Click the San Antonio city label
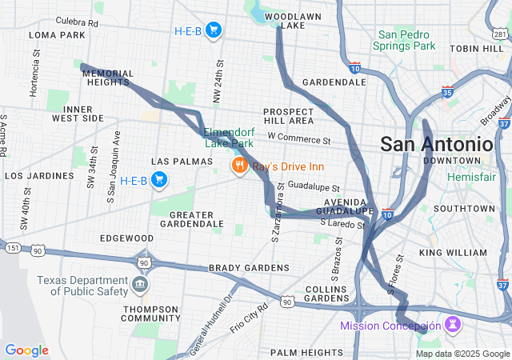pyautogui.click(x=436, y=144)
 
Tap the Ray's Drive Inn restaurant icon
pyautogui.click(x=238, y=166)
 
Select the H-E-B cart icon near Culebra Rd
pyautogui.click(x=213, y=31)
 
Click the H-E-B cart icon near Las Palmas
pyautogui.click(x=159, y=180)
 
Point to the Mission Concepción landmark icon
pyautogui.click(x=454, y=325)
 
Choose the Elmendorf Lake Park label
pyautogui.click(x=229, y=138)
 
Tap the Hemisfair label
pyautogui.click(x=471, y=176)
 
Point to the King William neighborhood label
pyautogui.click(x=452, y=253)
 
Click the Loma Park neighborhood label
pyautogui.click(x=57, y=35)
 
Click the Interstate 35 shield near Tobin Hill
pyautogui.click(x=446, y=92)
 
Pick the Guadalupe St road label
pyautogui.click(x=314, y=186)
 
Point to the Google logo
pyautogui.click(x=26, y=350)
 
